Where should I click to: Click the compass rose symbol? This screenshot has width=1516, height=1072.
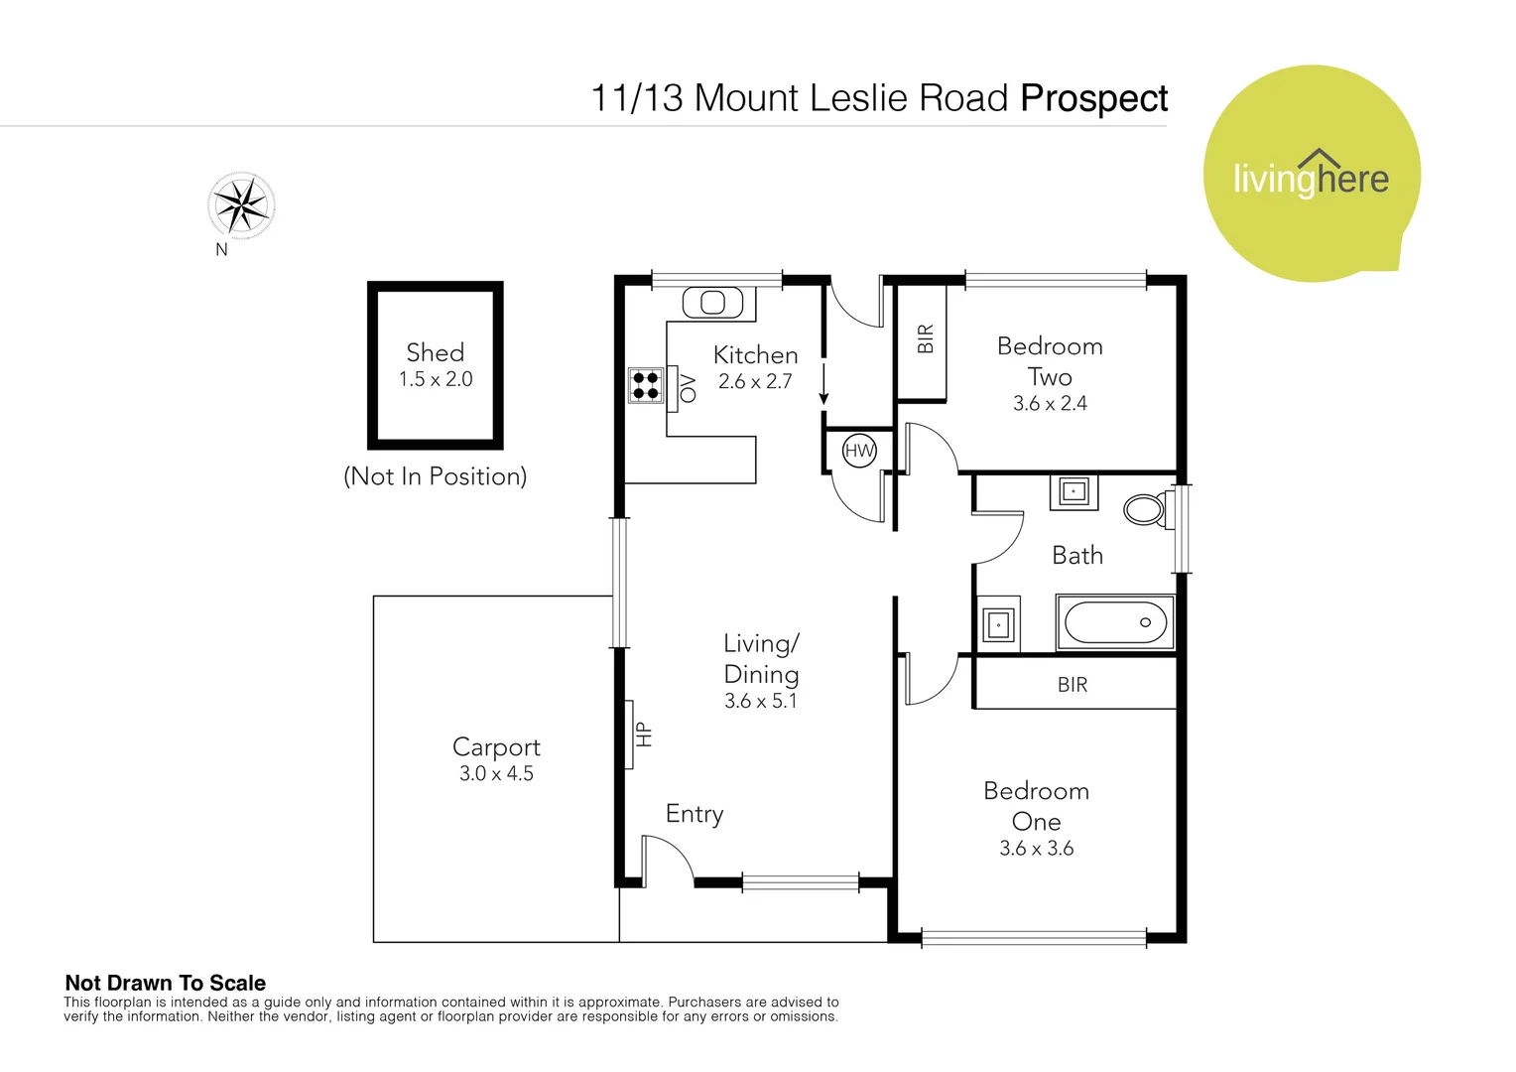point(241,205)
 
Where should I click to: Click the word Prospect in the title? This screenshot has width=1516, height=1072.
point(1093,98)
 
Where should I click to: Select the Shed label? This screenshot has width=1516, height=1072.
point(435,352)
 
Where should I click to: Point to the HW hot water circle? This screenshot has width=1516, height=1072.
point(859,451)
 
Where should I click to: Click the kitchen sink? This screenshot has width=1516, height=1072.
point(712,302)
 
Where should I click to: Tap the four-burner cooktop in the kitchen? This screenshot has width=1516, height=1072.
point(645,384)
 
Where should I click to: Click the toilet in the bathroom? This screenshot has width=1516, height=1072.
point(1147,509)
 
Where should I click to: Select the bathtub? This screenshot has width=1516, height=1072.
point(1115,622)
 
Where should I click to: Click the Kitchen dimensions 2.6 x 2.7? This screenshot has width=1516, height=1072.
point(755,382)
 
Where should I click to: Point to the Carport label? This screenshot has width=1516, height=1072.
point(496,746)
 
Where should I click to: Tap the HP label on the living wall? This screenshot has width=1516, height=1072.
point(643,734)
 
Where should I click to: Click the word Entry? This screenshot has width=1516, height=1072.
point(695,814)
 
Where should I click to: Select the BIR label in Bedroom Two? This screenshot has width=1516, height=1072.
point(926,339)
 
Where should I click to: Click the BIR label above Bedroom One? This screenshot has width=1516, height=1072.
point(1073,685)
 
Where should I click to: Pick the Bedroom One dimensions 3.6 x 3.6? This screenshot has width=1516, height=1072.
point(1036,849)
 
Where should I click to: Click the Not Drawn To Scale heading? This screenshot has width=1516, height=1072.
point(166,983)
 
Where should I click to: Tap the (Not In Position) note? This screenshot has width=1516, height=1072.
point(435,476)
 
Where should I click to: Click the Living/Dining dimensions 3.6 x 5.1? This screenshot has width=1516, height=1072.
point(760,701)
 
